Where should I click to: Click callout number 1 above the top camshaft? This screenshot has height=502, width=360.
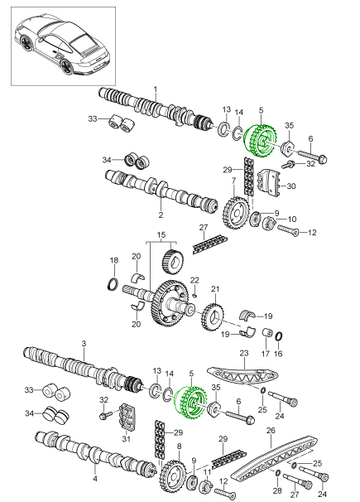pyautogui.click(x=156, y=89)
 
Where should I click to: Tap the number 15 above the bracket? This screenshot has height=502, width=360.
pyautogui.click(x=161, y=235)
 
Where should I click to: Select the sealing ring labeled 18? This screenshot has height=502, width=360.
pyautogui.click(x=113, y=285)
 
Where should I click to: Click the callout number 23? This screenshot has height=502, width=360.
pyautogui.click(x=244, y=354)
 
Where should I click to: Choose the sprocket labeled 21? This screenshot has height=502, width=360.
pyautogui.click(x=213, y=317)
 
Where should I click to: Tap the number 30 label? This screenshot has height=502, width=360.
pyautogui.click(x=291, y=186)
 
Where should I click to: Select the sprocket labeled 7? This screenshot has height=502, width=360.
pyautogui.click(x=236, y=213)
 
